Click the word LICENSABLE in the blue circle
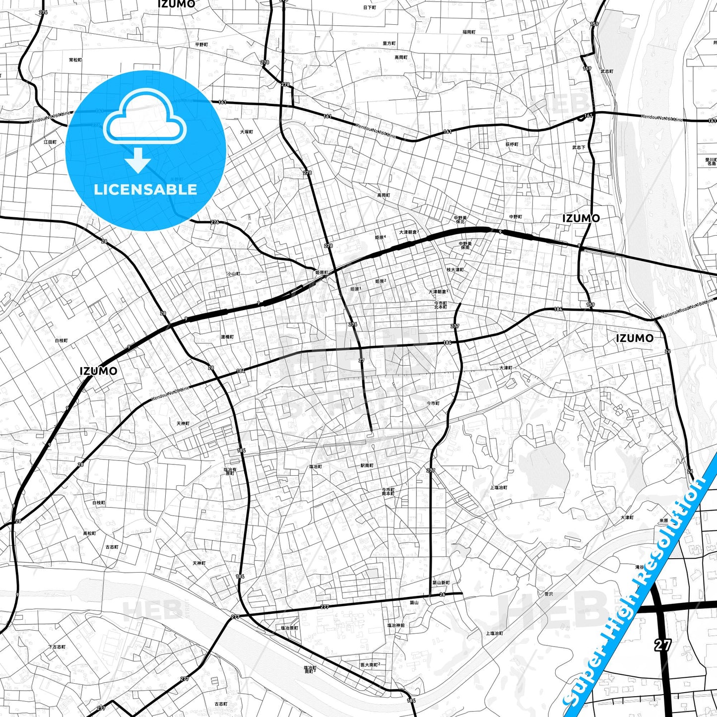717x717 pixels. coord(145,190)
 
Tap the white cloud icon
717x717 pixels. coord(144,119)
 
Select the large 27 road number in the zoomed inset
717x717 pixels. coord(662,645)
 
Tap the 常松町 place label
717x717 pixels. coord(75,60)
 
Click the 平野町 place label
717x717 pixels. coord(201,45)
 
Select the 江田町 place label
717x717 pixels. coord(50,142)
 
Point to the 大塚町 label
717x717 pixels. coord(247,132)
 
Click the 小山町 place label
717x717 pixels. coord(233,274)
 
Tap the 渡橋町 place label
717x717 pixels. coord(227,337)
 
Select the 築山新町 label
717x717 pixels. coord(441,583)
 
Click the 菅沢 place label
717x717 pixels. coord(548,593)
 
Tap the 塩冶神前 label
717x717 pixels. coord(396,625)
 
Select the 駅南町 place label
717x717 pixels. coord(367,465)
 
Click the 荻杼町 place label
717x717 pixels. coord(512,144)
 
